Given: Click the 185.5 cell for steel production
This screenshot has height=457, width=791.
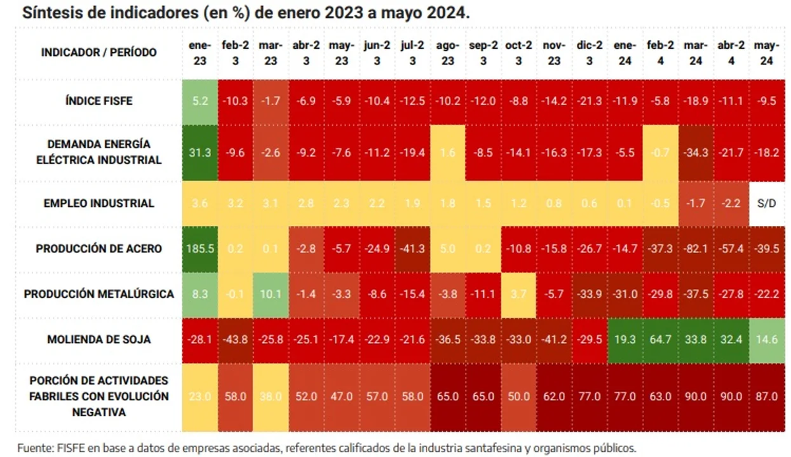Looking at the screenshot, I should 200,249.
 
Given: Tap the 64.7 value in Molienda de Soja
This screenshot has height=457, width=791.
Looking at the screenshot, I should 660,340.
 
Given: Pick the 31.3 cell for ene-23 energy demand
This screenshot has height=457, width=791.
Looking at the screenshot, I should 200,152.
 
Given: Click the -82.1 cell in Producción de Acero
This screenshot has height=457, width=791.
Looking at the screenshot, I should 696,249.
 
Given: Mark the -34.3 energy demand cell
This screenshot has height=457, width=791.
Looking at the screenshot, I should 696,152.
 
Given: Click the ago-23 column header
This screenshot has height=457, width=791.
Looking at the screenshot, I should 448,53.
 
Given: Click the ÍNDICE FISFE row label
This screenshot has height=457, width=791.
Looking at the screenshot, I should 99,101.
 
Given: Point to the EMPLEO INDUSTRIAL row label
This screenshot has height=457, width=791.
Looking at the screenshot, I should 99,203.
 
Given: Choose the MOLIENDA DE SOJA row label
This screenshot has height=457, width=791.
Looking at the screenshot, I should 99,340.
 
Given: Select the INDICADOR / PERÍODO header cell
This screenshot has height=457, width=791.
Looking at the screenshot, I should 99,52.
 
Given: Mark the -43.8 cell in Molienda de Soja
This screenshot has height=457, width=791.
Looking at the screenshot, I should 235,340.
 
